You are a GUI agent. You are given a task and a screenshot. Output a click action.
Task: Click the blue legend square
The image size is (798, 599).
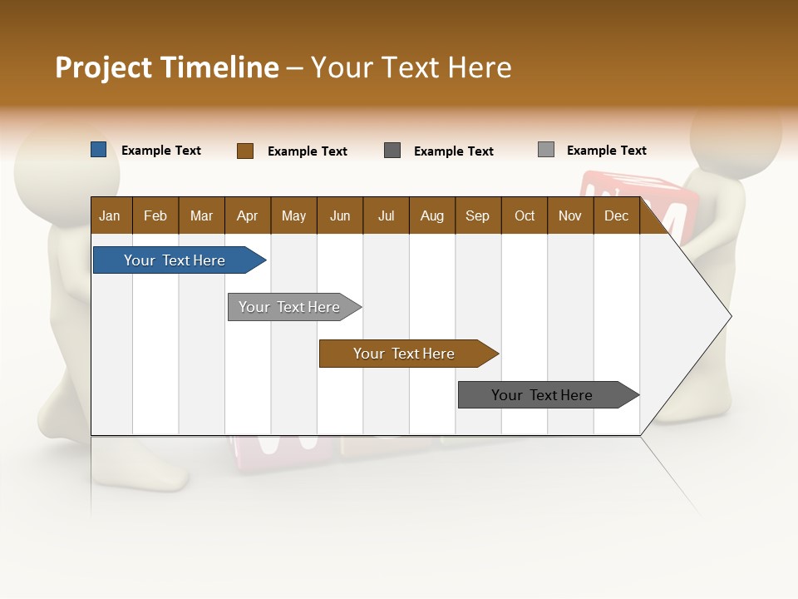click(99, 150)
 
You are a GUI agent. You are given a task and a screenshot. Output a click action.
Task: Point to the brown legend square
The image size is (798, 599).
click(245, 151)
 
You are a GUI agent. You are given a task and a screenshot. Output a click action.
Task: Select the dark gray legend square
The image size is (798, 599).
click(392, 151)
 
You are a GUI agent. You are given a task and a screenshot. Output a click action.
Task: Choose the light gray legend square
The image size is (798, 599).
click(546, 150)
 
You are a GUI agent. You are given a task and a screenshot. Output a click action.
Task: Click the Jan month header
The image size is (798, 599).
click(110, 216)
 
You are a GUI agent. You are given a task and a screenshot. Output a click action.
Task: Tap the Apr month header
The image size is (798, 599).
click(248, 216)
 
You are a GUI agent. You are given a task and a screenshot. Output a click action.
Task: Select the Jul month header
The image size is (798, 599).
click(386, 216)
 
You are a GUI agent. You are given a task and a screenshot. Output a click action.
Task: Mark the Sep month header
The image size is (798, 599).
click(478, 216)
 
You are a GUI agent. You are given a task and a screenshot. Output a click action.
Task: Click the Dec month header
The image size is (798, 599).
click(616, 216)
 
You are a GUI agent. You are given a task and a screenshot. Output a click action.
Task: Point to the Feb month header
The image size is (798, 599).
click(155, 216)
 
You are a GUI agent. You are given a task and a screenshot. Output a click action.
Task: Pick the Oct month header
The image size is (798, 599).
click(525, 216)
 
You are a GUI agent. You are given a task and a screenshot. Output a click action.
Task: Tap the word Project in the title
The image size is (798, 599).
click(103, 67)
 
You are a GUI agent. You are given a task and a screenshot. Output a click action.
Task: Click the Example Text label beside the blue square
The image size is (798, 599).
click(161, 151)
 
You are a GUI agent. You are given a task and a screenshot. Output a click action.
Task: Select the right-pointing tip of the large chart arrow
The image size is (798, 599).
click(729, 316)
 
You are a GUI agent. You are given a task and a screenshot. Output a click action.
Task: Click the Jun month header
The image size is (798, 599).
click(340, 216)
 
